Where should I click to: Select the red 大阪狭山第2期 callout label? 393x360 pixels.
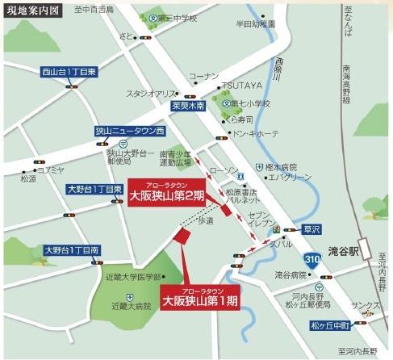(x=167, y=195)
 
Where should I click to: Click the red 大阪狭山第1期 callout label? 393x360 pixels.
(x=201, y=299)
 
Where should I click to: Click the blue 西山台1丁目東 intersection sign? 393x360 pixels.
(x=71, y=73)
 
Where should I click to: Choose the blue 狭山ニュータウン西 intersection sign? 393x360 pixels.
(x=128, y=131)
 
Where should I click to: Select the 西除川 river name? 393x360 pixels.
(x=279, y=65)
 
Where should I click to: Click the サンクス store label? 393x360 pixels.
(x=365, y=308)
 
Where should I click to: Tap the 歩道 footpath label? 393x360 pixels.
(x=207, y=219)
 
